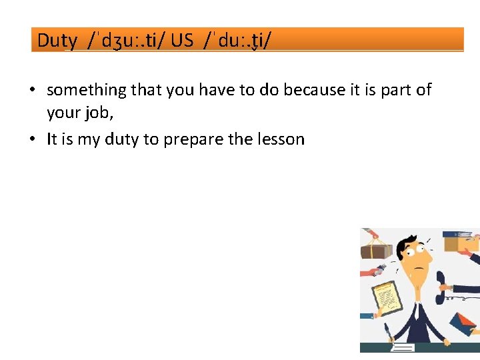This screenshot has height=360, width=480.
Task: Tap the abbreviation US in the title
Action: (181, 41)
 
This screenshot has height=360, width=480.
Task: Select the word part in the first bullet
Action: (397, 90)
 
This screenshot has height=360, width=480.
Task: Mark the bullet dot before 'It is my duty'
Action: (33, 139)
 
